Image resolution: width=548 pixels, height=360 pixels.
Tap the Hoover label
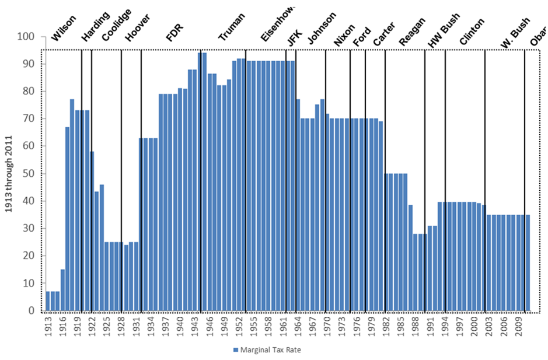(138, 29)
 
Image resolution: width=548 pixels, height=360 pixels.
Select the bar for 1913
(48, 301)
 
